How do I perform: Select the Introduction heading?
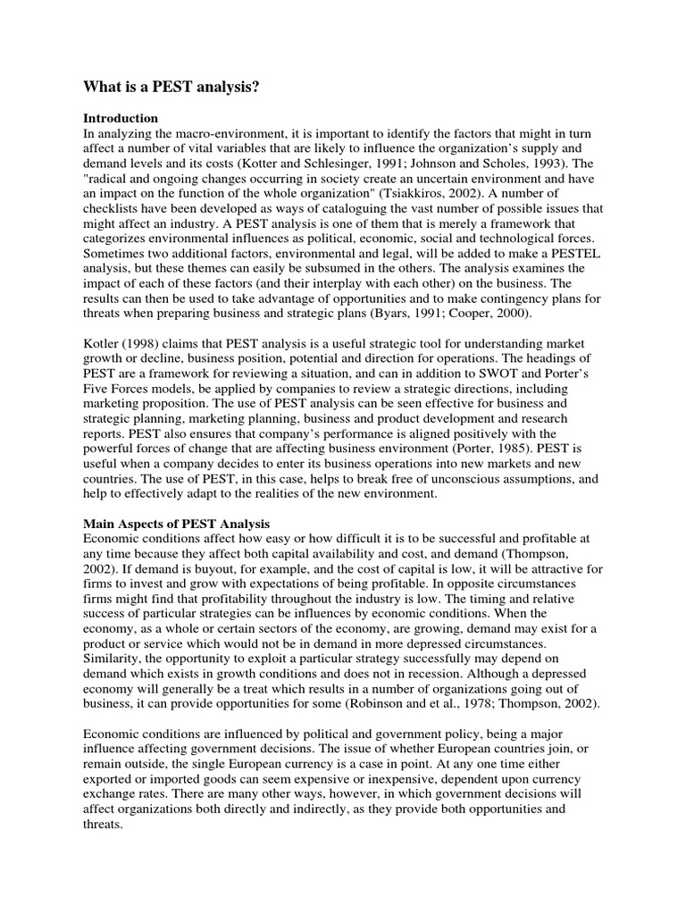click(121, 118)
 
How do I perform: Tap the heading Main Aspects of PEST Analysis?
click(176, 523)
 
